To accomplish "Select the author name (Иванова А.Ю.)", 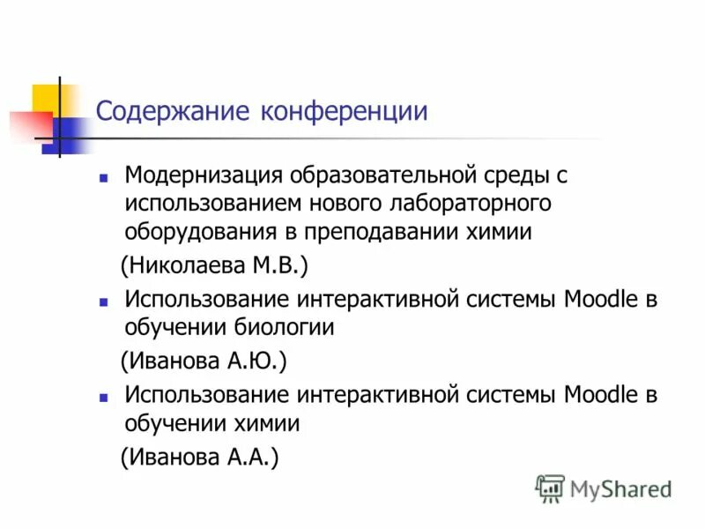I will pos(204,361).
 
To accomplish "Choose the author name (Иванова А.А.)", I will pos(199,457).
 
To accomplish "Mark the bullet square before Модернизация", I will pos(104,176).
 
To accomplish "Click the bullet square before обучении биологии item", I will pos(104,301).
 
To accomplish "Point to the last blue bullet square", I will pos(104,396).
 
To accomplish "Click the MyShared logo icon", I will pos(550,488).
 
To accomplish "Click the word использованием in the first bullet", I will pos(212,204).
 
